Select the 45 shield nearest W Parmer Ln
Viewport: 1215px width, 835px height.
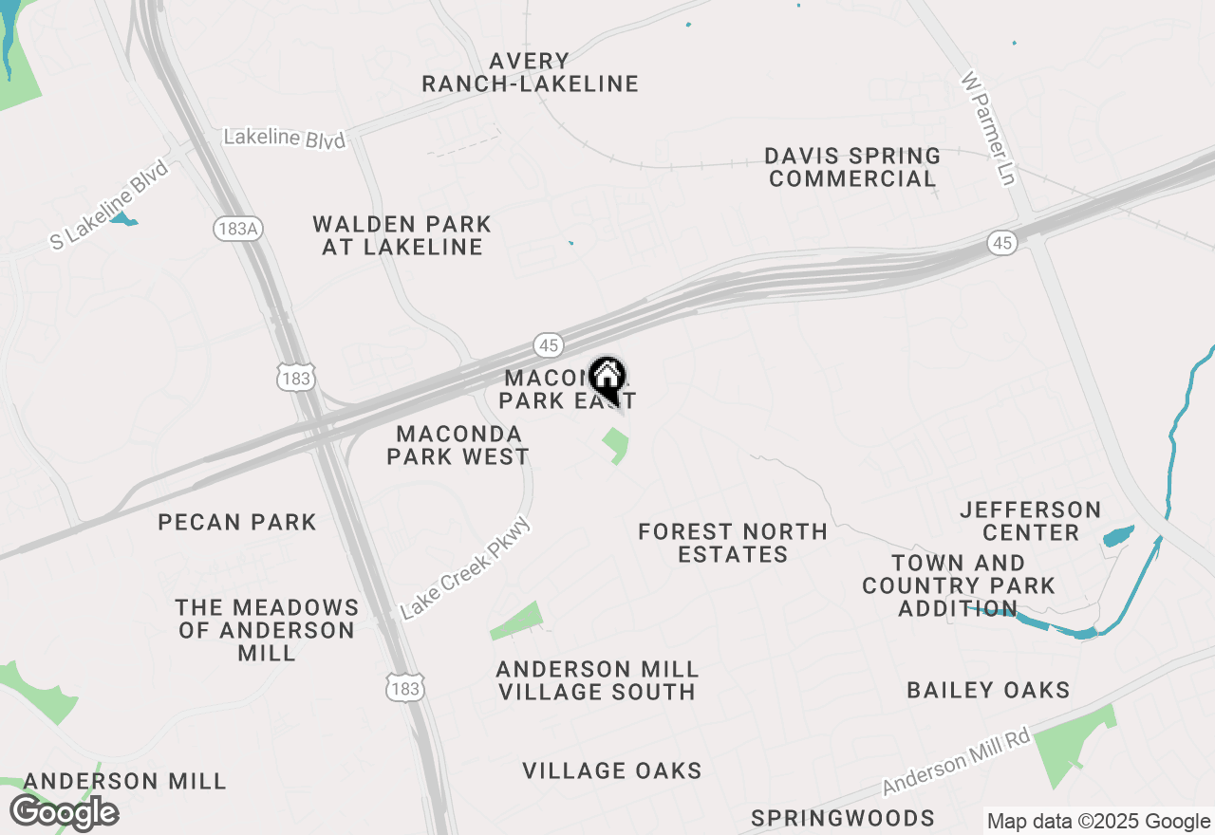1002,243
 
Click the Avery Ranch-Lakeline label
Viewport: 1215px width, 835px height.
530,73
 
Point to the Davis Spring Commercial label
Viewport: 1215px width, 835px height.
852,167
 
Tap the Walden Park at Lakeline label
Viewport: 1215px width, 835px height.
402,235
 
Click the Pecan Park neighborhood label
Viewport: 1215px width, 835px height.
237,522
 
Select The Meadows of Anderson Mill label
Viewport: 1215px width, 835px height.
267,630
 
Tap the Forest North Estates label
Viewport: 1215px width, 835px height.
733,543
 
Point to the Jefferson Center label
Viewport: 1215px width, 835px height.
1031,521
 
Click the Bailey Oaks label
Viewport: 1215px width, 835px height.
988,690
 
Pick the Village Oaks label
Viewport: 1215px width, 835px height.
612,770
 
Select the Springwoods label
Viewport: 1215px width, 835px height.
843,818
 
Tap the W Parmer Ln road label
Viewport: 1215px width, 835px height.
989,128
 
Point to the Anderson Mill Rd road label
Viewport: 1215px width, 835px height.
957,761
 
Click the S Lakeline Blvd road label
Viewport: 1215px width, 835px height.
110,205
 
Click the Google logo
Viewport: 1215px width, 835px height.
64,813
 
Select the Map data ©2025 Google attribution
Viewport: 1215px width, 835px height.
1098,822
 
